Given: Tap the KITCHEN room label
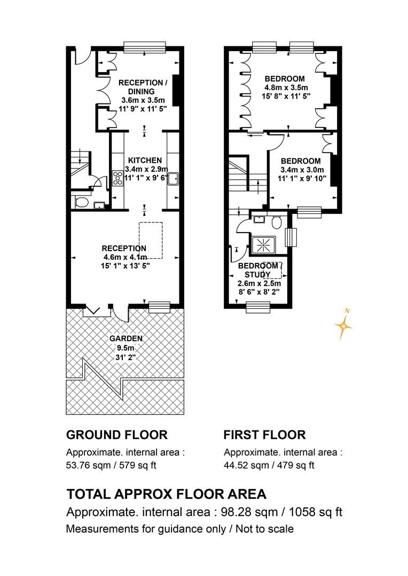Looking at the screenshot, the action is tap(145, 160).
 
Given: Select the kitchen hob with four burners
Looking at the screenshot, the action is tap(117, 178).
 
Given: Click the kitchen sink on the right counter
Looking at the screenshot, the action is tap(173, 179).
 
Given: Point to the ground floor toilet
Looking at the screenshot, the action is tap(81, 202).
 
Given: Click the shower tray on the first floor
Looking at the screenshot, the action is tap(263, 245).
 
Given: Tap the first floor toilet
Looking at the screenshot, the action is tap(276, 221).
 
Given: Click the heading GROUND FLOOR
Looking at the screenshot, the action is tap(116, 435).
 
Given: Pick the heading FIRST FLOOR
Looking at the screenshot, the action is tap(264, 435).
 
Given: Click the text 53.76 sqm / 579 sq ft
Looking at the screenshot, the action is tap(111, 465).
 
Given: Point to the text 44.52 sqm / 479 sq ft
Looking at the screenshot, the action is tap(269, 465).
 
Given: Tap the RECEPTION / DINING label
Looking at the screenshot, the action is tap(143, 87).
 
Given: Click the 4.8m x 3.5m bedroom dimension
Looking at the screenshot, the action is tap(286, 87).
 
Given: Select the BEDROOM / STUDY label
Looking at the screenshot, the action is tap(260, 270).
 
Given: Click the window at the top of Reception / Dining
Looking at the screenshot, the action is tap(145, 48).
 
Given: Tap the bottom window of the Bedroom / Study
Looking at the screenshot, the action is tap(257, 307).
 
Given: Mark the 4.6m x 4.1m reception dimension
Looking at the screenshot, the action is tap(125, 257).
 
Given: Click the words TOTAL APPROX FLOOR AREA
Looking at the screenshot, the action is tap(166, 494).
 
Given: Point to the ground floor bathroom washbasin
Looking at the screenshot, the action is tap(99, 205).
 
